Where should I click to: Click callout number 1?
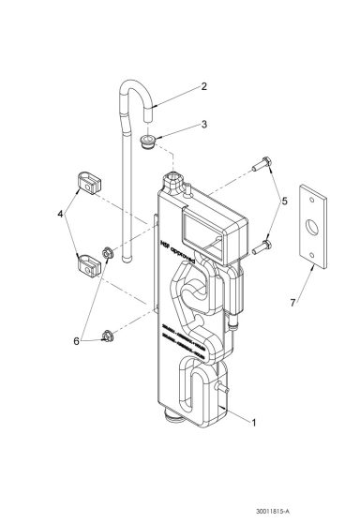click(254, 423)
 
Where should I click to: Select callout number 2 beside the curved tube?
click(203, 87)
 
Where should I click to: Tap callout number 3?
click(203, 125)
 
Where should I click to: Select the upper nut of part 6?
click(109, 252)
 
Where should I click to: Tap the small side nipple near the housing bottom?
click(225, 386)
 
